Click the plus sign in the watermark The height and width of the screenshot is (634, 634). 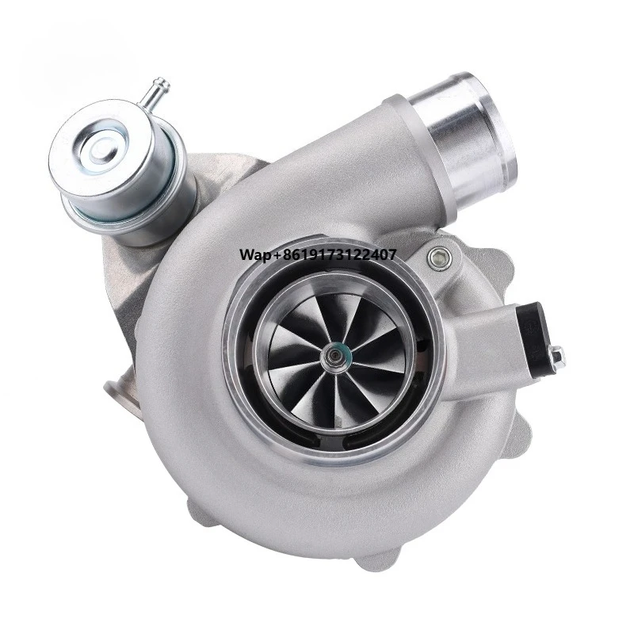(x=273, y=255)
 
